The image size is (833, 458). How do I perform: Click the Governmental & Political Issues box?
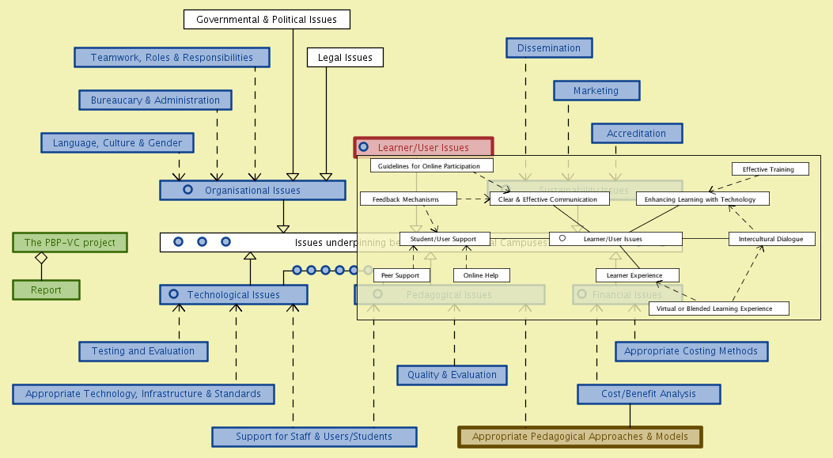(x=267, y=19)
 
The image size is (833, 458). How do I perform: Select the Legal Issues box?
(x=345, y=57)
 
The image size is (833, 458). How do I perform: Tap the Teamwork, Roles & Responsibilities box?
(x=172, y=57)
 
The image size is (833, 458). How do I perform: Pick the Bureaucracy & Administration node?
(x=155, y=100)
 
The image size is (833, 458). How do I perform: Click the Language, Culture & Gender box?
(x=117, y=142)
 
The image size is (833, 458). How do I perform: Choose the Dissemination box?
(x=549, y=47)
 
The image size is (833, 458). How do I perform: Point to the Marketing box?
(x=596, y=90)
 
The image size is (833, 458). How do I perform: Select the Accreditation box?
(x=636, y=133)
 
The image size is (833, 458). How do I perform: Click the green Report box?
(x=46, y=290)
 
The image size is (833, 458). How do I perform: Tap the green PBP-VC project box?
(x=70, y=242)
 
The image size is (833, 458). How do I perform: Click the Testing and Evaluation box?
(x=143, y=351)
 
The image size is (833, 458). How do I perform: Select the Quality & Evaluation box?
(x=452, y=375)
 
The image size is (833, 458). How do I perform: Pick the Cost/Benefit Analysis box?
(x=649, y=394)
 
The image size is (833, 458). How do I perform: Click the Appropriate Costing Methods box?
(x=691, y=351)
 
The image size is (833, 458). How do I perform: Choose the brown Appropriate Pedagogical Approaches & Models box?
(x=580, y=437)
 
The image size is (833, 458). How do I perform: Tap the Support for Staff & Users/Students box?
(x=313, y=437)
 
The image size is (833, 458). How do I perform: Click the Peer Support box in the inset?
(x=402, y=275)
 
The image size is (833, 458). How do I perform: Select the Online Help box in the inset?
(x=481, y=275)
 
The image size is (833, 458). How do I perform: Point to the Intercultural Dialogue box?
(x=771, y=238)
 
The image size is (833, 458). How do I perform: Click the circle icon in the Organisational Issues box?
(x=187, y=190)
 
